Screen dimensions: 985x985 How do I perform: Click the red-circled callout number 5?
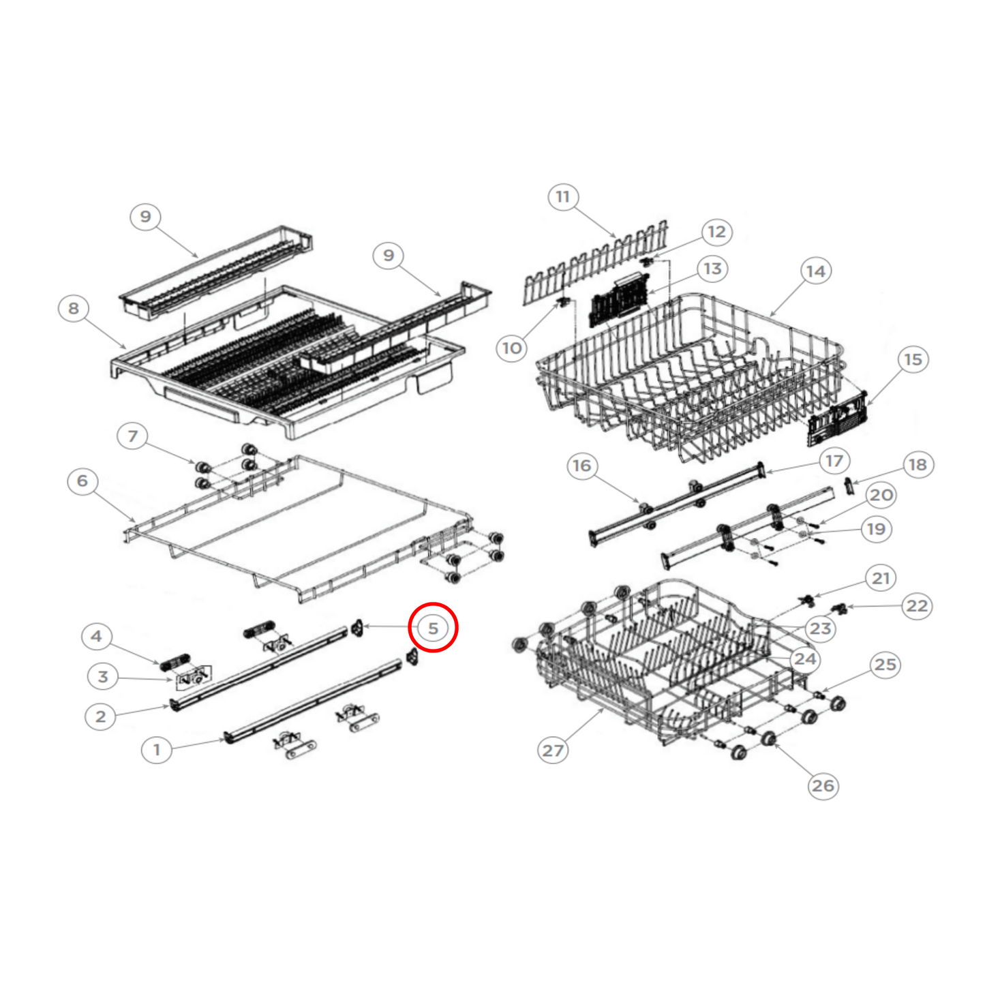(433, 628)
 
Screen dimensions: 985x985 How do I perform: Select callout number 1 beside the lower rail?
(156, 750)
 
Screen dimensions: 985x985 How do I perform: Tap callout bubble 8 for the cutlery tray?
(74, 309)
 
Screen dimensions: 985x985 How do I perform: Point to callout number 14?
(815, 271)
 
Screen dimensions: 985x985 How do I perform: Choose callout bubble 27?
(553, 751)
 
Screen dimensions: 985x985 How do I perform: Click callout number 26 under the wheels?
(823, 786)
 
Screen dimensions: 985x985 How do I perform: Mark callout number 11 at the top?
(562, 197)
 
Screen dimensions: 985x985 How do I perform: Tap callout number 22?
(917, 606)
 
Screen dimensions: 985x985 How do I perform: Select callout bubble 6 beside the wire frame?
(82, 481)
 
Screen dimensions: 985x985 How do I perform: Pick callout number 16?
(581, 466)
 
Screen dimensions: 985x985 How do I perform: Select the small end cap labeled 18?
(849, 487)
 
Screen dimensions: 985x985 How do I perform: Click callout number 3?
(102, 677)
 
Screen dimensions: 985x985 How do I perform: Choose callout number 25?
(885, 665)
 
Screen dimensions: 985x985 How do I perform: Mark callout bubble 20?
(881, 496)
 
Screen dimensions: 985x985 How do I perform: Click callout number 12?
(716, 232)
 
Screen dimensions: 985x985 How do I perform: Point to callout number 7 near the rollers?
(133, 436)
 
